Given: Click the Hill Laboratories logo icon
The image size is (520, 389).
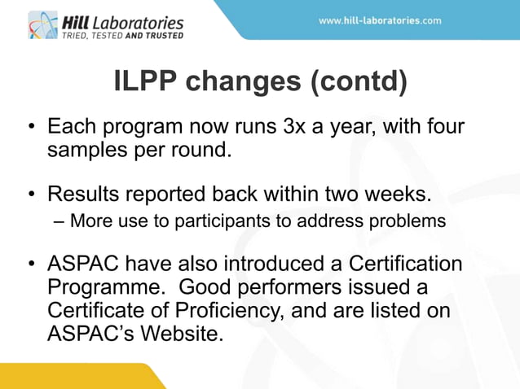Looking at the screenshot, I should point(42,24).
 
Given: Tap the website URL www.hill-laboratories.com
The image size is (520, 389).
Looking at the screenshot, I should point(380,20).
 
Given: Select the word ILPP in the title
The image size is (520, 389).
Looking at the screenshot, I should point(141,83).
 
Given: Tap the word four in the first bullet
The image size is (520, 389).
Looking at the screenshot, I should point(441,128).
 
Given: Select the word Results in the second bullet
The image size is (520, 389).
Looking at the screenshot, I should point(88,195).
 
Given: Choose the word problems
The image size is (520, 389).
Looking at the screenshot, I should point(412,221).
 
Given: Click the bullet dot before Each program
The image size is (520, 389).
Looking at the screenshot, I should point(31,129).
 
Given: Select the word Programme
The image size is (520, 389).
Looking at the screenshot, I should point(104,288).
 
